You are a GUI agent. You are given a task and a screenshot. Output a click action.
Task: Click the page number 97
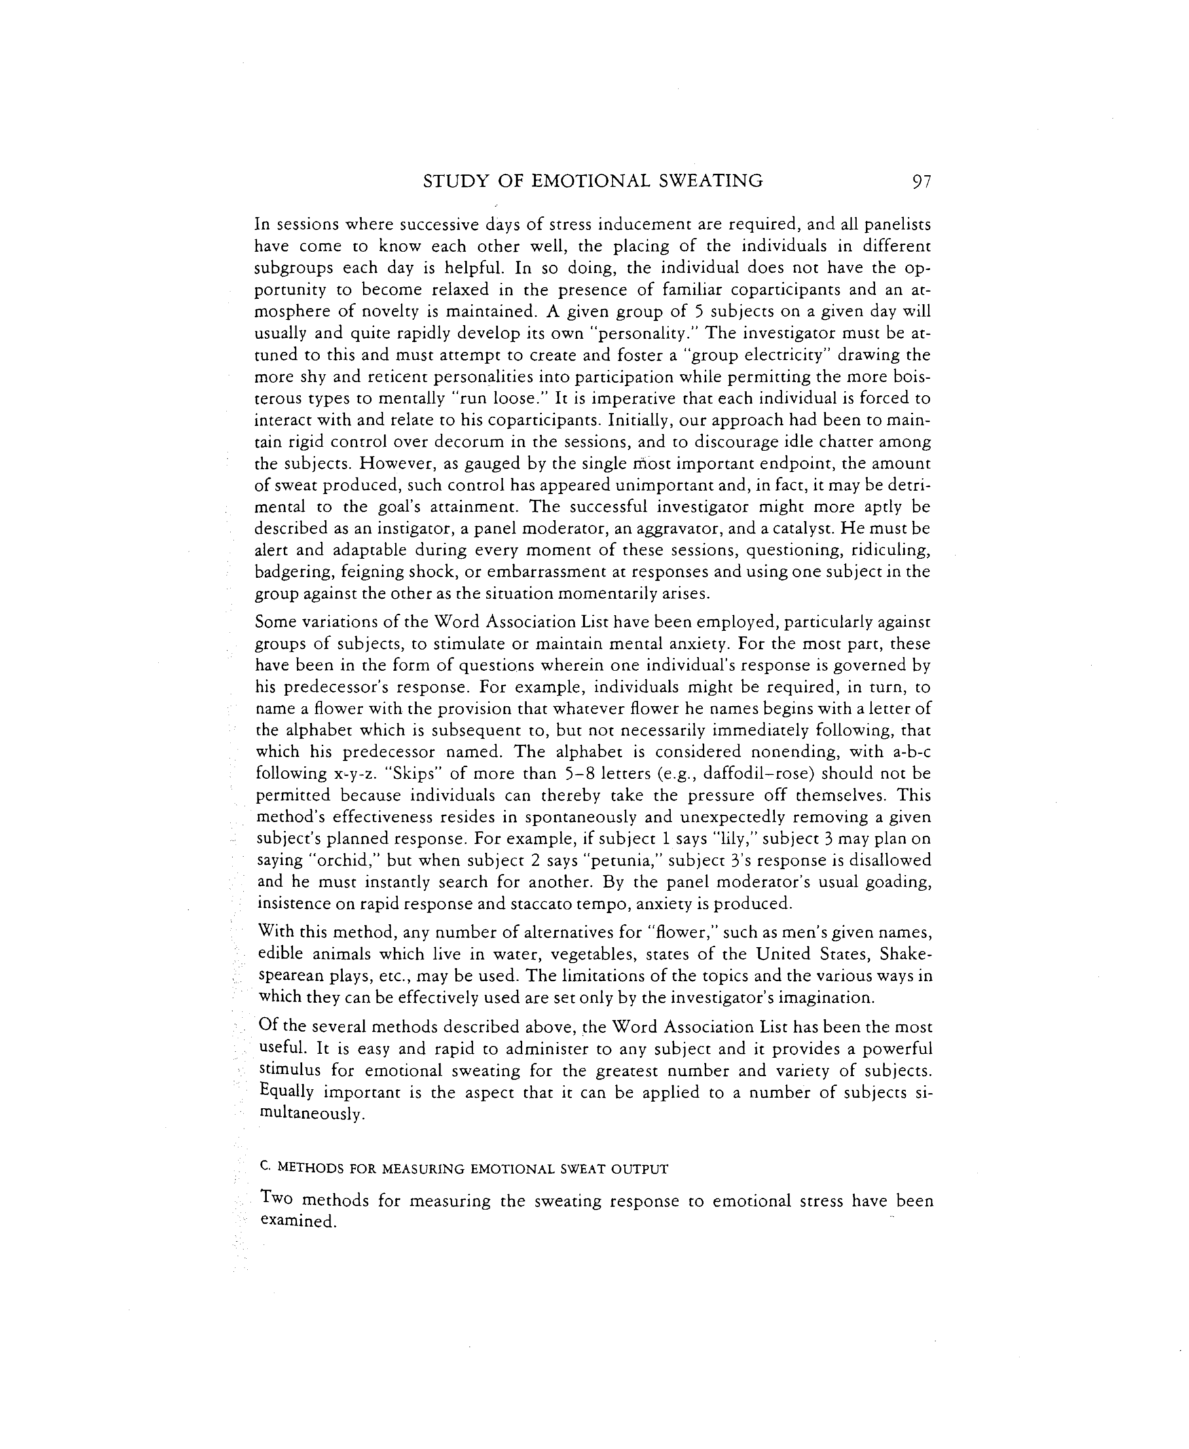(x=921, y=181)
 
